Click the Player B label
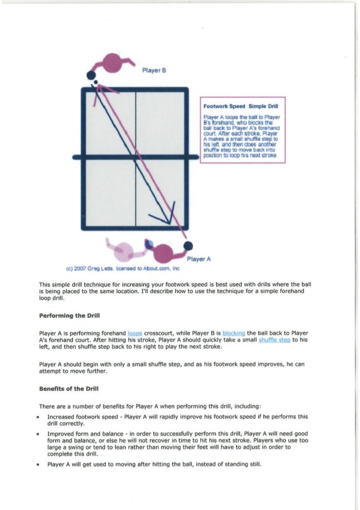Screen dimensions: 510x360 click(154, 71)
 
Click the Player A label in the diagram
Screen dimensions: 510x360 click(199, 259)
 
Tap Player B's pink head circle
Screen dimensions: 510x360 click(112, 63)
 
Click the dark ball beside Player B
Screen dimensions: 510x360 click(91, 75)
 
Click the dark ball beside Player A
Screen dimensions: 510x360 click(188, 246)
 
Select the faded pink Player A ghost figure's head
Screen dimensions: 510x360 click(124, 252)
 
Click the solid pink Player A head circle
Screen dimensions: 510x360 click(163, 253)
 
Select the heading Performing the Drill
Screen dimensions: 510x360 click(69, 316)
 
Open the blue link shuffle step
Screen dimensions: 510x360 click(274, 340)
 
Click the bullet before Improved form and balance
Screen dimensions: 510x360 click(37, 434)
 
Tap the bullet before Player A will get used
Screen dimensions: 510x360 click(37, 464)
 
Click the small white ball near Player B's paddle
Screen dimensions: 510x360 click(95, 83)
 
